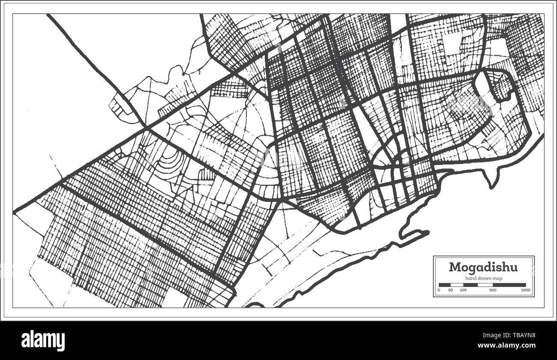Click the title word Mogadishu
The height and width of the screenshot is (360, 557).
483,267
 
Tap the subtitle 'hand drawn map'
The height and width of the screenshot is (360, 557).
484,279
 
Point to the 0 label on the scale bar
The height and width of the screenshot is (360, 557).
439,291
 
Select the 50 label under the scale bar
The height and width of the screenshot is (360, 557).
450,291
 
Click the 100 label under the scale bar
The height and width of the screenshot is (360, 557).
463,291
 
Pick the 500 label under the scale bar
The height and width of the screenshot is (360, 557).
493,291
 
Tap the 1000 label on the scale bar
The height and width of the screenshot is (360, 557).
525,291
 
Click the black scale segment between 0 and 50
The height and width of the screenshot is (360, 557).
444,285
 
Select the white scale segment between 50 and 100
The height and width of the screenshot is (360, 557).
456,285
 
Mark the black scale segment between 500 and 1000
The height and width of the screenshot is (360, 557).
509,285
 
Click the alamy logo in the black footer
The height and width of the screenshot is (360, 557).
43,341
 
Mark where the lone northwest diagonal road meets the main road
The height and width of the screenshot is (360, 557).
147,128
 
